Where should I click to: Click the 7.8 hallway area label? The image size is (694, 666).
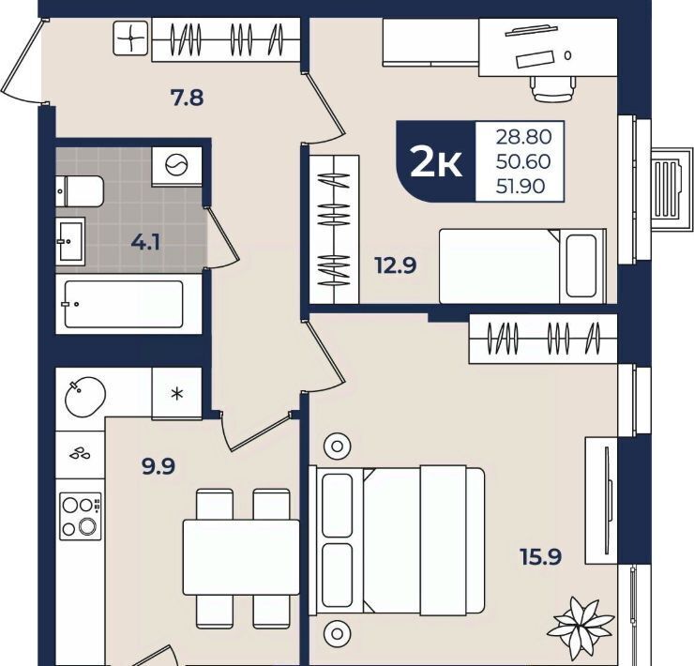point(188,98)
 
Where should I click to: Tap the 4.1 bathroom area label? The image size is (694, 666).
point(145,243)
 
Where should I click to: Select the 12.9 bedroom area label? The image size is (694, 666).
point(396,265)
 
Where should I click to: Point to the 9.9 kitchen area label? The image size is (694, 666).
point(158,466)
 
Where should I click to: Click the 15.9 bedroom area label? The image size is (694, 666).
point(541,556)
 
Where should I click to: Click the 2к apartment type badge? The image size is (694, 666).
point(436,162)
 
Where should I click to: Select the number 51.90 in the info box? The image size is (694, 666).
point(520,187)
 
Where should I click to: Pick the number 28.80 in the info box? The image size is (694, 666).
point(523,137)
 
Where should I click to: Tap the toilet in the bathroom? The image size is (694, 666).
point(80,191)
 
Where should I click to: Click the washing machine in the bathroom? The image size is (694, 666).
point(176,167)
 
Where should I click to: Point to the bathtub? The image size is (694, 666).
point(128,304)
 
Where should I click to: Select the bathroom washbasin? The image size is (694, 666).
point(70,241)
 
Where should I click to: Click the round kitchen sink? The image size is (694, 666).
point(85,397)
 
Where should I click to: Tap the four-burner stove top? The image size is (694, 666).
point(81,516)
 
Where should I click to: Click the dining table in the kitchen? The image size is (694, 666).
point(242,557)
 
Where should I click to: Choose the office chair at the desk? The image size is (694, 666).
point(553,88)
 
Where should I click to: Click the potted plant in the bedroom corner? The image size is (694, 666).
point(581,628)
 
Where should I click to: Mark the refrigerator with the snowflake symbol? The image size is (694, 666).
point(177,393)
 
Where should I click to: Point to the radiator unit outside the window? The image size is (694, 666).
point(671,189)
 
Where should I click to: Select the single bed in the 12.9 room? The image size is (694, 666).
point(522,266)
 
